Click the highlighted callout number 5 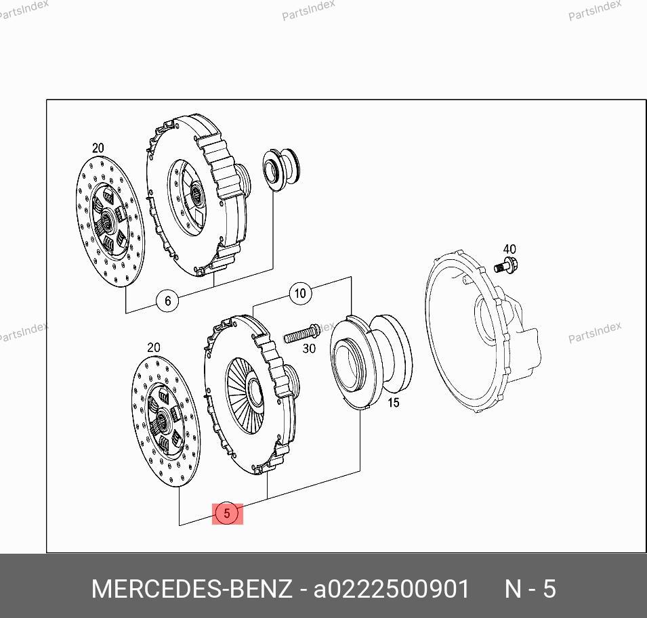click(x=227, y=514)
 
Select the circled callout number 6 click(x=167, y=301)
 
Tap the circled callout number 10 click(x=300, y=293)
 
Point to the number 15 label click(x=394, y=402)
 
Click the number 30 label click(x=309, y=349)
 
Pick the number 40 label click(x=509, y=249)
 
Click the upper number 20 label click(x=98, y=148)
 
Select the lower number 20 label click(x=154, y=347)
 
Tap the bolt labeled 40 click(x=506, y=265)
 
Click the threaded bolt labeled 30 click(x=301, y=333)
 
